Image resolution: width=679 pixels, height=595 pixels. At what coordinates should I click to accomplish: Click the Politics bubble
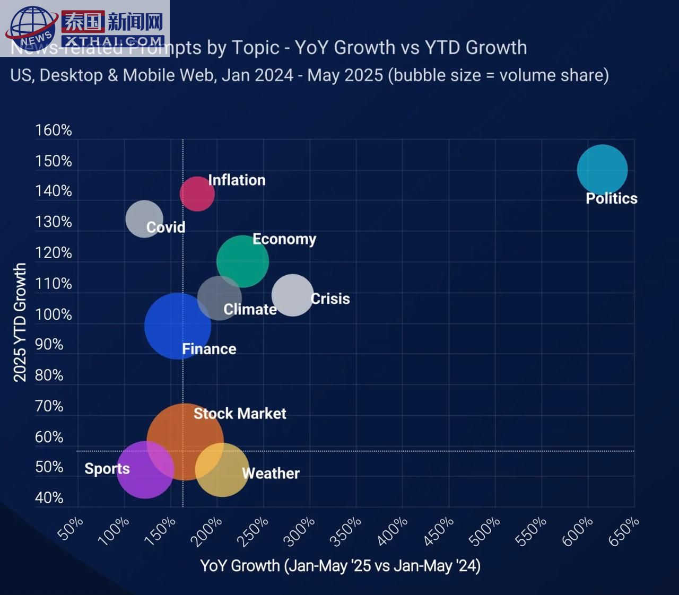(602, 170)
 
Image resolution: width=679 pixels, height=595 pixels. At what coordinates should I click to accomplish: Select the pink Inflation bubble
(197, 194)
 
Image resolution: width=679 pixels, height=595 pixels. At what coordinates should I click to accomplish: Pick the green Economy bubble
(242, 261)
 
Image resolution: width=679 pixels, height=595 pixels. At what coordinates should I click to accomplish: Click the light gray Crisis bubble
(292, 295)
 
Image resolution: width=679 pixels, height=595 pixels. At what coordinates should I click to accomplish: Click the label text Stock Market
(240, 414)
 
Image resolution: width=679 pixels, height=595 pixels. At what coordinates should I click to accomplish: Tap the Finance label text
(209, 349)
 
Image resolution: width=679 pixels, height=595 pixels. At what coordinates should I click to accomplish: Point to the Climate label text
(250, 309)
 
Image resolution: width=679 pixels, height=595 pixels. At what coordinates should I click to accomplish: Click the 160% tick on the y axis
(53, 130)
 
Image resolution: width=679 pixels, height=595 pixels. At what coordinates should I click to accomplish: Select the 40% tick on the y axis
(49, 498)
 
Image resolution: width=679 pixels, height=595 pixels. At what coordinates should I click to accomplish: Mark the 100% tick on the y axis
(53, 314)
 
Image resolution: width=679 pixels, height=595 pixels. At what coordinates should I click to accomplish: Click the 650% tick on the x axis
(624, 531)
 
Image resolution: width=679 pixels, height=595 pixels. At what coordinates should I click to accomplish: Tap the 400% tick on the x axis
(393, 531)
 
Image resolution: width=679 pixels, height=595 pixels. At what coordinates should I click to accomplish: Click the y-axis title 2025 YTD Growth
(20, 322)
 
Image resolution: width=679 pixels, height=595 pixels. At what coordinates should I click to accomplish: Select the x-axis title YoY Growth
(340, 566)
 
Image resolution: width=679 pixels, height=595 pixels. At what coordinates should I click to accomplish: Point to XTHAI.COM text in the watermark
(112, 41)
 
